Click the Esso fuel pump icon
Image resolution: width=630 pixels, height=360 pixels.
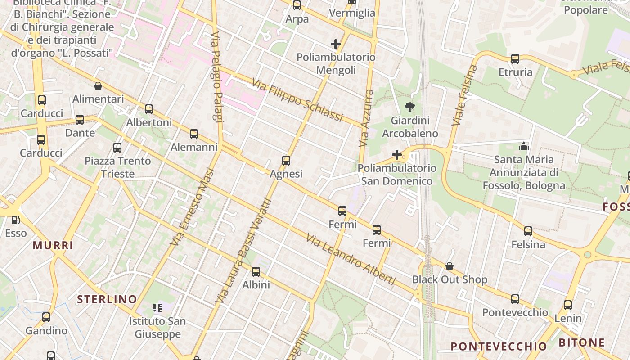pos(15,220)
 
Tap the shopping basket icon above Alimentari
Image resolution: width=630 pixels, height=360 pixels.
pos(98,86)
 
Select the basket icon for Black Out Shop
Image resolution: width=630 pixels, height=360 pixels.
pos(449,266)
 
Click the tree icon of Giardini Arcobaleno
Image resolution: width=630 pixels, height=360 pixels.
pos(409,107)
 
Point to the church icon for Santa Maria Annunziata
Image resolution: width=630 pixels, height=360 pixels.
pos(523,146)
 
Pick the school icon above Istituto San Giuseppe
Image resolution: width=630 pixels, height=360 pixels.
pos(157,308)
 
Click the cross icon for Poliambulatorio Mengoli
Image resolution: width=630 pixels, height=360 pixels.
pos(335,44)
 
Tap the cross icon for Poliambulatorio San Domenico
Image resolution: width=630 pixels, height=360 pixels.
pos(396,155)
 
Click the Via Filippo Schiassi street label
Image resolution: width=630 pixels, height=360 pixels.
pos(297,100)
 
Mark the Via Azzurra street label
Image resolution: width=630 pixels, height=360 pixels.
pos(366,118)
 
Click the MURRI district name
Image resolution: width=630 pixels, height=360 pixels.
pos(53,246)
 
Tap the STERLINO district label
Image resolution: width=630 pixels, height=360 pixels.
pos(107,299)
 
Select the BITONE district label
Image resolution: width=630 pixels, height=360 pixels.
pos(581,343)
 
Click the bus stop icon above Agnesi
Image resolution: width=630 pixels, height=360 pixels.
pos(286,161)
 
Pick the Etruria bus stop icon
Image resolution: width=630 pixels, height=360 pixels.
pos(515,59)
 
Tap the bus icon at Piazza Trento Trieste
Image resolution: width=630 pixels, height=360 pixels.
pos(117,148)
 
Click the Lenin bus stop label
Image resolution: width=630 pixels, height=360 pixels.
pos(568,318)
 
